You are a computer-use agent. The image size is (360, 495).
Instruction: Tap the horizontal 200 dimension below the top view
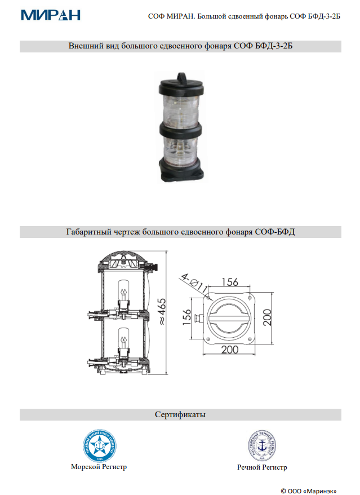[x=230, y=350]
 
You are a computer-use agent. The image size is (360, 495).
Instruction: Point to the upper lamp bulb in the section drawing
[x=122, y=291]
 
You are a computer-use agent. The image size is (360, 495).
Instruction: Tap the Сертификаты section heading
[x=180, y=415]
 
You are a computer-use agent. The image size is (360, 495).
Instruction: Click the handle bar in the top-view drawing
[x=229, y=317]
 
